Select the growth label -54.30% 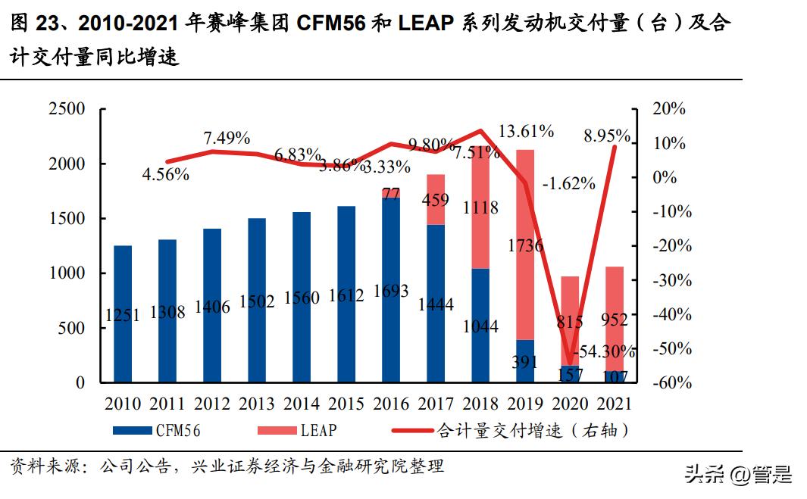pyautogui.click(x=604, y=352)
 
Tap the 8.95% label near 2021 pyautogui.click(x=606, y=136)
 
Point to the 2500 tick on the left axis pyautogui.click(x=67, y=109)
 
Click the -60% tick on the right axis pyautogui.click(x=670, y=383)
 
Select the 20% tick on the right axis pyautogui.click(x=670, y=109)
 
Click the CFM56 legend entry pyautogui.click(x=158, y=431)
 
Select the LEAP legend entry pyautogui.click(x=297, y=431)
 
